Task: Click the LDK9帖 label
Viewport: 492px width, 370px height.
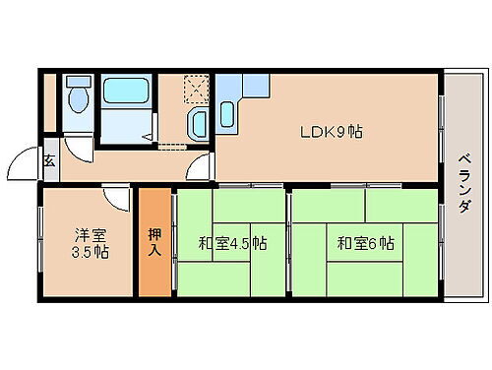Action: click(x=331, y=131)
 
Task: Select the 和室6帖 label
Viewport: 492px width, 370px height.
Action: click(x=365, y=242)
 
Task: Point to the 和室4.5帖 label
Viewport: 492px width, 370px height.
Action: click(x=232, y=242)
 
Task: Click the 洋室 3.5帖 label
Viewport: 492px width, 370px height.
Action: click(x=89, y=242)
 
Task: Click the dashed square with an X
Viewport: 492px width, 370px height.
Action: click(x=198, y=91)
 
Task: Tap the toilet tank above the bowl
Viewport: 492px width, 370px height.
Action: click(x=78, y=85)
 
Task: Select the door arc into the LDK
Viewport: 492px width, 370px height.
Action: click(x=202, y=167)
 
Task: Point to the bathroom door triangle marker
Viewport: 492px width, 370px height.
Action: click(x=153, y=126)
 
